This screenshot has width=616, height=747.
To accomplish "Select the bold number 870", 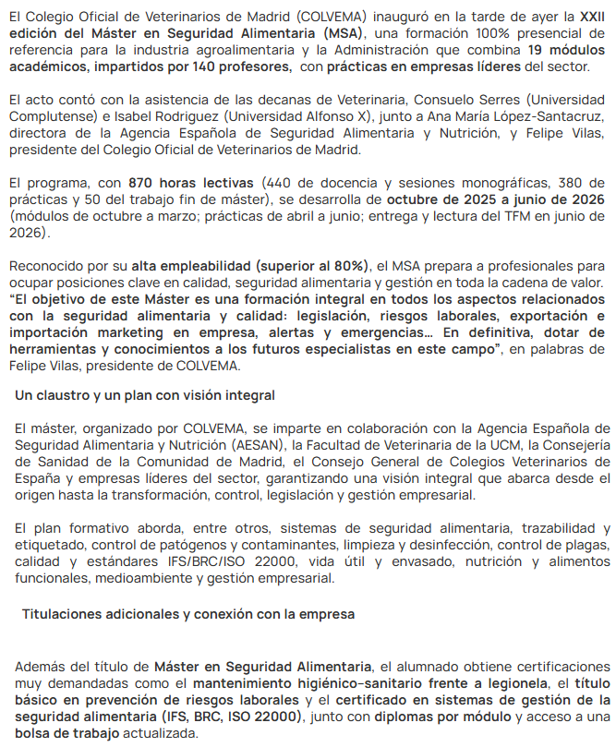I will [145, 183].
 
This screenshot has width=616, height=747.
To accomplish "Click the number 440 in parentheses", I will [280, 183].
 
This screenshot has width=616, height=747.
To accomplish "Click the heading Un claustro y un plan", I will [145, 396].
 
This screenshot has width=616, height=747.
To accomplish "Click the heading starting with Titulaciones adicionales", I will [188, 614].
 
